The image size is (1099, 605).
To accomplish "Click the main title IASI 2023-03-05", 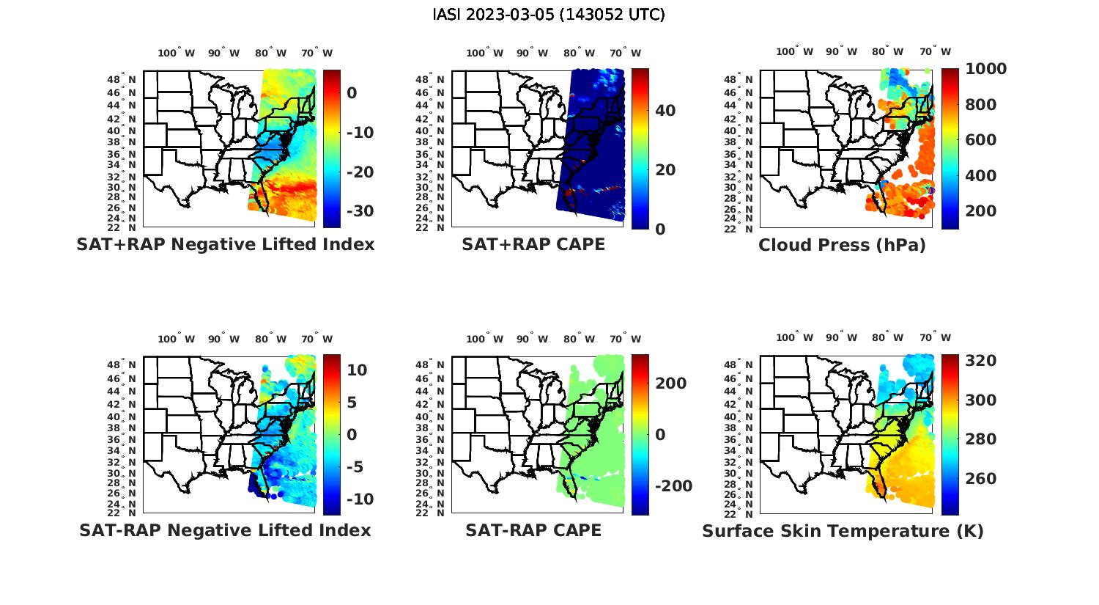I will [549, 15].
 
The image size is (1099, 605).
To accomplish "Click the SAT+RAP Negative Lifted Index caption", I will [226, 245].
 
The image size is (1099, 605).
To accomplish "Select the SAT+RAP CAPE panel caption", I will [533, 245].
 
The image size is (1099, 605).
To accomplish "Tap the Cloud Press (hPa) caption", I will [842, 245].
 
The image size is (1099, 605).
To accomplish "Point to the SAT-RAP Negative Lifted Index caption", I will [225, 530].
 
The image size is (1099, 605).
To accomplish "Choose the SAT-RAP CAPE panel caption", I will [533, 530].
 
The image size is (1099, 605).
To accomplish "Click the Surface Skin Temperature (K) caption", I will [843, 531].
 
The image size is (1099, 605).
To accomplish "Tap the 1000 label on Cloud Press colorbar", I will [985, 69].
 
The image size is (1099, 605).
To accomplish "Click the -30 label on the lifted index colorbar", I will [359, 211].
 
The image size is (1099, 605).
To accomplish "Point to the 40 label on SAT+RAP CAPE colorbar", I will [665, 111].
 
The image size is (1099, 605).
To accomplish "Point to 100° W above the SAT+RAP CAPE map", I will [484, 53].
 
